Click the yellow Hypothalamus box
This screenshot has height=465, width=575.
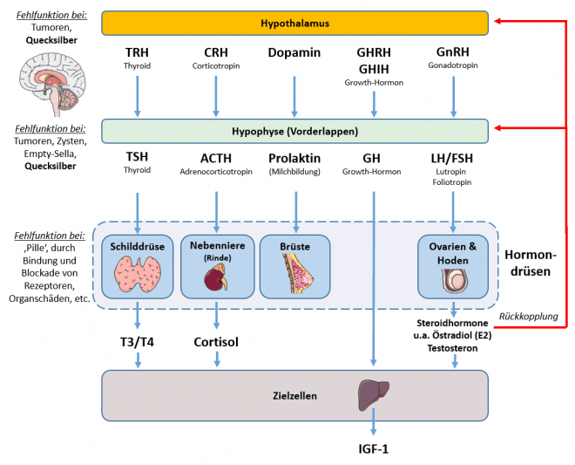294,22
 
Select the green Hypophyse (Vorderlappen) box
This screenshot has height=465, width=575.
294,131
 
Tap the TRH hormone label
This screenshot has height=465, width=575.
137,52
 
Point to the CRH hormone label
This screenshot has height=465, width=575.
216,52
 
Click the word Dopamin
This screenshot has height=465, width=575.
295,53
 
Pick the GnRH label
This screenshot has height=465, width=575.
452,52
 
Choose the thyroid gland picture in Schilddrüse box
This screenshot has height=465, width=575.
137,277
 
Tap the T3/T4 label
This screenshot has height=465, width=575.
137,343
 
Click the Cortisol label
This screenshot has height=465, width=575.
216,343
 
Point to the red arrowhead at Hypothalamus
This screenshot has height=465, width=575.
497,21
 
